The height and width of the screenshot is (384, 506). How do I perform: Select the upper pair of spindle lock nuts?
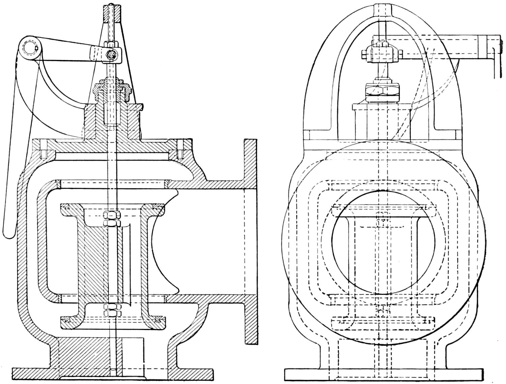tap(112, 219)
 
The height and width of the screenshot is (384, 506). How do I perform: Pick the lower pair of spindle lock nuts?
tap(112, 310)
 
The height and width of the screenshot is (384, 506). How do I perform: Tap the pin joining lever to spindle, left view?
tap(110, 54)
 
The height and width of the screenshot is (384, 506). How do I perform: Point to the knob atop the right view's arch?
tap(383, 10)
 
